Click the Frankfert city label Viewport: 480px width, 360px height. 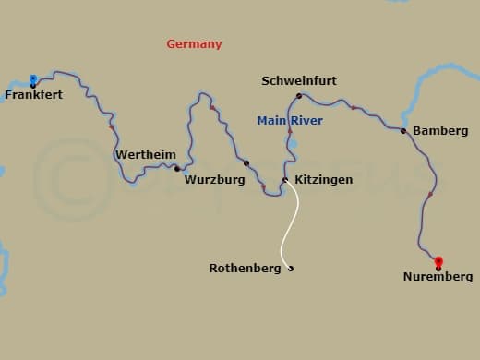(x=34, y=94)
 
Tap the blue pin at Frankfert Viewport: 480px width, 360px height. (x=33, y=79)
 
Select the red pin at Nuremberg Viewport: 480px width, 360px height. (x=438, y=262)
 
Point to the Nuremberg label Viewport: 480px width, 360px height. (x=438, y=277)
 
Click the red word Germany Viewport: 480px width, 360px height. (x=194, y=44)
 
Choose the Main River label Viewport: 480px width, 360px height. (x=290, y=120)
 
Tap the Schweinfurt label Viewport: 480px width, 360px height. (x=299, y=81)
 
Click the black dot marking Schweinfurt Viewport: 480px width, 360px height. (x=299, y=96)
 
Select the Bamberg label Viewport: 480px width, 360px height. (x=440, y=131)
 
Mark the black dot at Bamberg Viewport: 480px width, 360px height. (x=403, y=131)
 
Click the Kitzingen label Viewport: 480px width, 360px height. (x=322, y=180)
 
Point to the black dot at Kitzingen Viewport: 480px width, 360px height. (x=284, y=180)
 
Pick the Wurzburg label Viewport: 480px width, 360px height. (x=214, y=180)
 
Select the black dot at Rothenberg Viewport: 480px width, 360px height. (x=291, y=269)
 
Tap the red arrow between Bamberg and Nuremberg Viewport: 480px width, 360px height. (x=430, y=195)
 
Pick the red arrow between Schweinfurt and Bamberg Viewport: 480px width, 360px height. (x=353, y=108)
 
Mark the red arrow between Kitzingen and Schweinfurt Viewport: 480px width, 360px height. (x=290, y=132)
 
